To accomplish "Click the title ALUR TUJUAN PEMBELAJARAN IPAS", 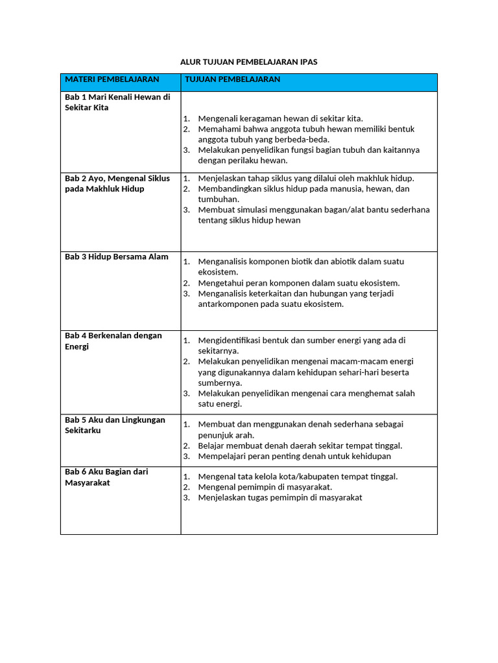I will coord(249,62).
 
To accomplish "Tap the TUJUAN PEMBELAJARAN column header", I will coord(233,80).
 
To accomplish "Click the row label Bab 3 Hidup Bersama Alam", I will coord(117,257).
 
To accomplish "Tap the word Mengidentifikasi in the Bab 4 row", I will coord(230,341).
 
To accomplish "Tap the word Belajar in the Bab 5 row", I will coord(211,445).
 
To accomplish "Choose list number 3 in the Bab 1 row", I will coord(185,150).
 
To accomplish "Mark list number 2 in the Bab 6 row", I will coord(185,487).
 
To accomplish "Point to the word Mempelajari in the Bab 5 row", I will coord(222,456).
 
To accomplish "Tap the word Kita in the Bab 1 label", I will coord(100,107).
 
